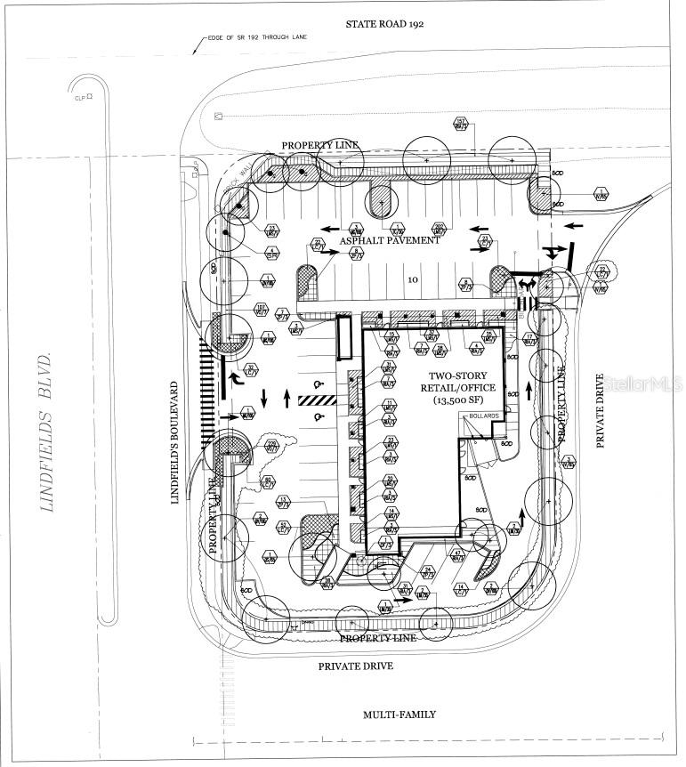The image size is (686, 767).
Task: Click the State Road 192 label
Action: tap(384, 24)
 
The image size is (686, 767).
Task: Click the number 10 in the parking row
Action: tap(412, 279)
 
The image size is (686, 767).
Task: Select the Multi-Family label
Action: tap(399, 714)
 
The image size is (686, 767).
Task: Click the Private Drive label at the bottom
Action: tap(356, 666)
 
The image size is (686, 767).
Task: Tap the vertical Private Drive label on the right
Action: tap(600, 410)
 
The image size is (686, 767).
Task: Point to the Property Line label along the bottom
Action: tap(379, 638)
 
